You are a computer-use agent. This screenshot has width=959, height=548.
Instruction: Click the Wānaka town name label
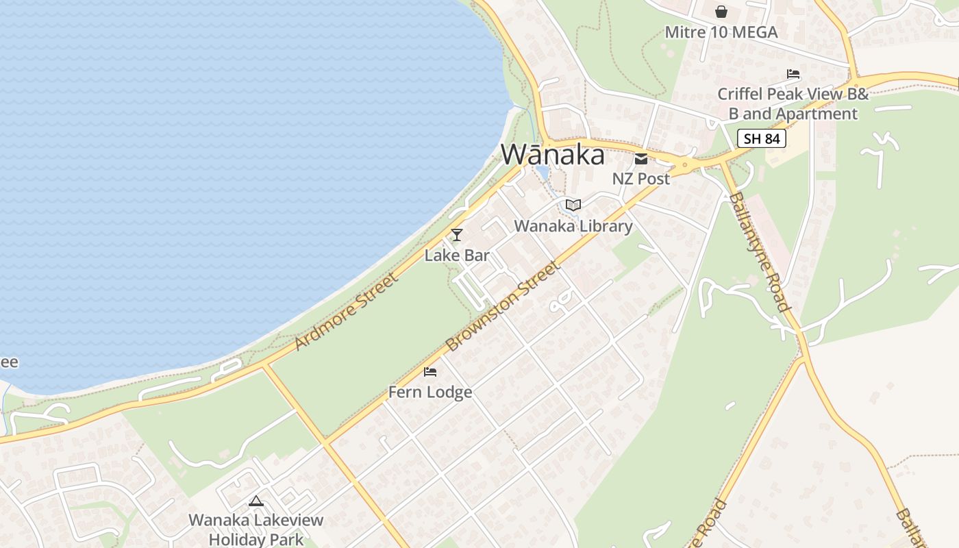point(553,155)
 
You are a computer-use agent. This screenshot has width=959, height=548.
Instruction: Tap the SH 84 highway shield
point(762,139)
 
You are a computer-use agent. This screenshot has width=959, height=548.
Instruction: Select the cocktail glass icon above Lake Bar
point(457,235)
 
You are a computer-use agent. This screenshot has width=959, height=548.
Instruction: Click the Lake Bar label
point(457,256)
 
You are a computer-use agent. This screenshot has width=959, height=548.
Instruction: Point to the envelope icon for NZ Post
point(641,160)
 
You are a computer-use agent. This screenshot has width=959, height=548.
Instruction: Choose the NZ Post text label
point(641,179)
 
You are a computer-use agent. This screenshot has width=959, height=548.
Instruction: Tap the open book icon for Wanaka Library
point(573,205)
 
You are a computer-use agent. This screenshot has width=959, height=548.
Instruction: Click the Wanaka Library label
point(573,225)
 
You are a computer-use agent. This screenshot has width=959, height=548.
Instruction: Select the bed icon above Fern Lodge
point(430,372)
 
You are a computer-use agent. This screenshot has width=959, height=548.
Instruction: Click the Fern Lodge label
point(430,392)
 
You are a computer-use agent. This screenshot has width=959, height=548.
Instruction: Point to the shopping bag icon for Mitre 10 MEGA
point(721,12)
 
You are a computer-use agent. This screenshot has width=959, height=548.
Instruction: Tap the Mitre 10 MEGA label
point(721,32)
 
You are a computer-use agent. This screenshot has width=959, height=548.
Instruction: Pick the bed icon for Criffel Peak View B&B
point(793,74)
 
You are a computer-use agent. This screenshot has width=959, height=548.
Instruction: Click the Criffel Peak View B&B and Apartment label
point(793,103)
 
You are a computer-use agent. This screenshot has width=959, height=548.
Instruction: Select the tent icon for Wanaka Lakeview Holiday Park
point(256,501)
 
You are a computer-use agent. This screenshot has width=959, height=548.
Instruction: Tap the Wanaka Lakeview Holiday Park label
point(256,530)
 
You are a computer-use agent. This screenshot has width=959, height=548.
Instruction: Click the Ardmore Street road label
point(346,312)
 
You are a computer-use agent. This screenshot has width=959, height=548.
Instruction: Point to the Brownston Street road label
point(502,306)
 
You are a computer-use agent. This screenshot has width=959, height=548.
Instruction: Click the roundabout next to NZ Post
point(684,165)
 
